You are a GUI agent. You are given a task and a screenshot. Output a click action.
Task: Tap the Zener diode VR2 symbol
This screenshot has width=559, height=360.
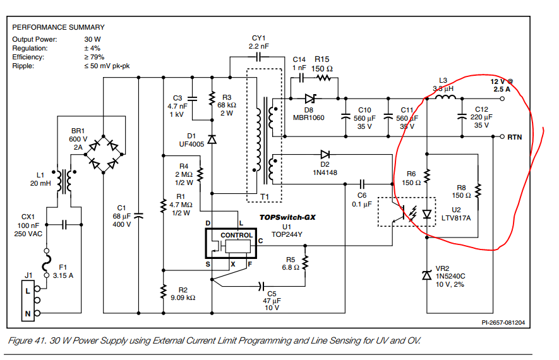click(427, 275)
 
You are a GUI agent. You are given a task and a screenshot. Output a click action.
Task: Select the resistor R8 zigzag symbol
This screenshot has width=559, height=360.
click(478, 191)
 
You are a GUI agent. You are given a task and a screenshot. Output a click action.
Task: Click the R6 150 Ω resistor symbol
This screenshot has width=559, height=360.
click(427, 176)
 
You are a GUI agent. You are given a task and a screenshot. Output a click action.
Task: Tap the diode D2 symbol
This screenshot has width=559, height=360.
click(325, 154)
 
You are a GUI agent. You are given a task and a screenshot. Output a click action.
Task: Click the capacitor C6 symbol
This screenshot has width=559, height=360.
click(362, 184)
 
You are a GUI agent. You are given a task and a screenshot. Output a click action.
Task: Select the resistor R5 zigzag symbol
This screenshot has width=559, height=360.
click(305, 263)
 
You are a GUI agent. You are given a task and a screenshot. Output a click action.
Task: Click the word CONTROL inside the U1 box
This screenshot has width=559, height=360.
click(236, 235)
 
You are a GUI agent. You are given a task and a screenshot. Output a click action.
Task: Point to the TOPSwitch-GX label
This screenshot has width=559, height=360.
click(287, 217)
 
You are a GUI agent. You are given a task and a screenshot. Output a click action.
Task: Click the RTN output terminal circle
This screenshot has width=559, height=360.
click(502, 136)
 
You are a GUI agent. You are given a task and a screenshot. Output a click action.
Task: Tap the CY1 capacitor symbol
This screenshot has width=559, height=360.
click(259, 56)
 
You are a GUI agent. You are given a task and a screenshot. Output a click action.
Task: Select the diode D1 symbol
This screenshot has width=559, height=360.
click(212, 139)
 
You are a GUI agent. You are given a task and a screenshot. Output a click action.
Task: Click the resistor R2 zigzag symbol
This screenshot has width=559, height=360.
click(164, 292)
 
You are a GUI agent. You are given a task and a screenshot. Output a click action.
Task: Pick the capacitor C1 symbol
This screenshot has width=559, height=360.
click(138, 215)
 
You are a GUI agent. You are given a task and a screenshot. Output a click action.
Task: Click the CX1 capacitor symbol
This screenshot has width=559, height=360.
click(64, 225)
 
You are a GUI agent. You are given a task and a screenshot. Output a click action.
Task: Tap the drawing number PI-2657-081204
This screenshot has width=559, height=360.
click(503, 322)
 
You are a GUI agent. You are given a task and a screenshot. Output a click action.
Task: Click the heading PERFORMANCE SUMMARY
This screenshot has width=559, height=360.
click(59, 27)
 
